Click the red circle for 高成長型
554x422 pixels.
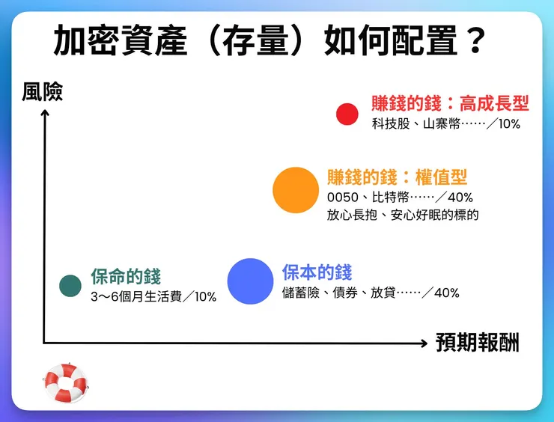(x=347, y=114)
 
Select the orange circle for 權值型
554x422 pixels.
(x=296, y=190)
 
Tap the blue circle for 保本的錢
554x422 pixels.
(x=250, y=281)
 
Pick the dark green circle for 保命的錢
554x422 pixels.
(x=70, y=284)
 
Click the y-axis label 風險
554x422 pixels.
(x=43, y=91)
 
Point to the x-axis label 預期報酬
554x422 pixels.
(x=477, y=343)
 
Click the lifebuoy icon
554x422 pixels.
(x=66, y=382)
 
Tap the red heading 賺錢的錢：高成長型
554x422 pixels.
(x=450, y=103)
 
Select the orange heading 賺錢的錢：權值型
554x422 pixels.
(x=397, y=177)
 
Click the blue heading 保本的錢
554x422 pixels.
(x=317, y=272)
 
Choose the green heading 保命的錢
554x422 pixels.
(x=126, y=276)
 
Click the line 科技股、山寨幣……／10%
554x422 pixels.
(x=445, y=124)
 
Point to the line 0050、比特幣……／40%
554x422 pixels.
(x=399, y=198)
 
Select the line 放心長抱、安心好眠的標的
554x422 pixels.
(x=402, y=215)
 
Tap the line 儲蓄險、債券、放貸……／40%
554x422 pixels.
(x=371, y=293)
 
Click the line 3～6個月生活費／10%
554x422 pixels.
(x=153, y=297)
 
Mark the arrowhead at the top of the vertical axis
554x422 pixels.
(x=45, y=113)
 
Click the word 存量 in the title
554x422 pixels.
(x=253, y=41)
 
